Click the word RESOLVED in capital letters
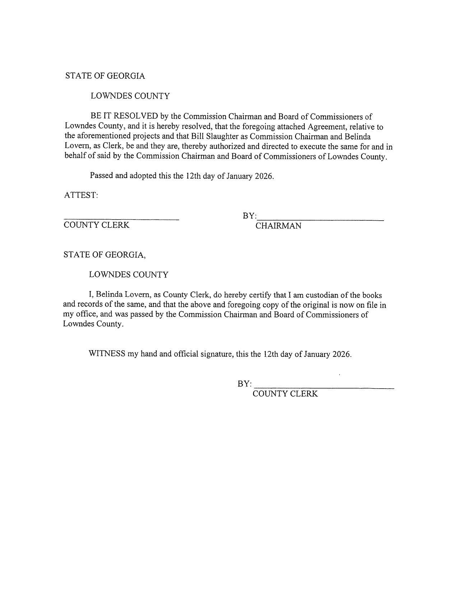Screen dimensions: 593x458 coord(136,116)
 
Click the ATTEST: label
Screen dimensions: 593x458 coord(81,195)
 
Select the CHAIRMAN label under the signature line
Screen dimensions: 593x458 coord(278,226)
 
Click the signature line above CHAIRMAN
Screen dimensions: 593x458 coord(320,220)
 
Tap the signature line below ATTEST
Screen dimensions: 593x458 coord(121,219)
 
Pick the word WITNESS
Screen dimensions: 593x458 coord(107,354)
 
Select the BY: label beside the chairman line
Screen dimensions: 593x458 coord(249,216)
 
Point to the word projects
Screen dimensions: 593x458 coord(146,137)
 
